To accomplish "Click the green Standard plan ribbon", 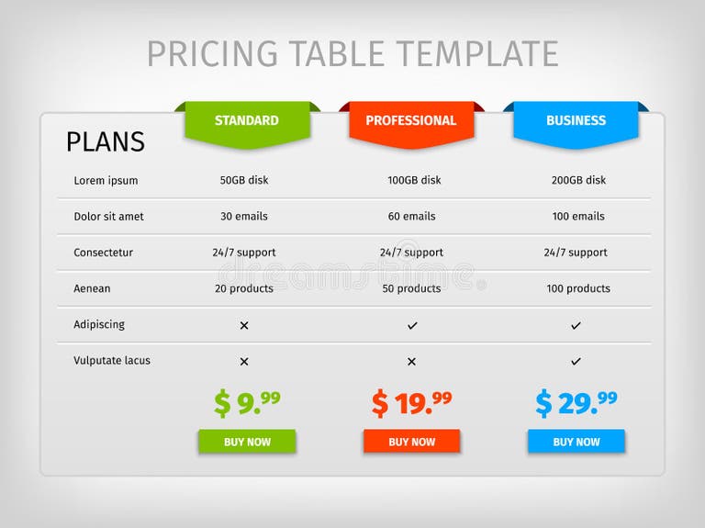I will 246,121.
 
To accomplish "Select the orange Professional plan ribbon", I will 410,121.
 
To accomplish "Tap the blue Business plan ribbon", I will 576,121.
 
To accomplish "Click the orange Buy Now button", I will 411,442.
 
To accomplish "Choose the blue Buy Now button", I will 576,442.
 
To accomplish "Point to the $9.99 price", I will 247,402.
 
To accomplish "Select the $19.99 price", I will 411,402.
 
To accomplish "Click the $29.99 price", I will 576,402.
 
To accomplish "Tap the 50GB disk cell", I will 244,180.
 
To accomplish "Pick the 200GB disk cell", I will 578,180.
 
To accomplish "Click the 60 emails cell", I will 411,217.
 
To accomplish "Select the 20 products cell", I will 244,288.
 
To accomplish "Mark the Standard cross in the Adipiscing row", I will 244,325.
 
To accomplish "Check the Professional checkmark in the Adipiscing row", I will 412,325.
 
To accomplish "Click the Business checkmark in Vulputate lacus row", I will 576,361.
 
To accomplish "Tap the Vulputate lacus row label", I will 112,361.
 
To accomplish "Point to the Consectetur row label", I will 103,253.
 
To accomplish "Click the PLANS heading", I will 105,141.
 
